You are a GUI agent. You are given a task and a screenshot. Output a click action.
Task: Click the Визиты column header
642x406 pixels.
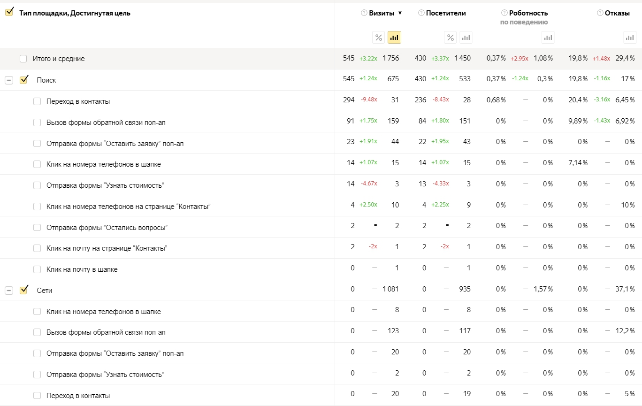382,13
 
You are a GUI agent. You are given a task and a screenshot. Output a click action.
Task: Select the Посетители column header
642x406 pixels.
446,13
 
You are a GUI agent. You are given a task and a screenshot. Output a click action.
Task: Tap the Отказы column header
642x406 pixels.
617,13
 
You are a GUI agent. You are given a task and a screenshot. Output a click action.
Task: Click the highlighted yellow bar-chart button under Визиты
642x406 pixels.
394,37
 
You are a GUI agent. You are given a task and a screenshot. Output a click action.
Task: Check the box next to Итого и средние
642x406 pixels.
23,59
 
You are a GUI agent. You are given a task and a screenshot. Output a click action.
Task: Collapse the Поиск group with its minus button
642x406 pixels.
9,80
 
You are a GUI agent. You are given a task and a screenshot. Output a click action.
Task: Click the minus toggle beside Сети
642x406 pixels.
9,291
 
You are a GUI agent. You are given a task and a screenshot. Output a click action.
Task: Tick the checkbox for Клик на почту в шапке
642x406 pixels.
37,269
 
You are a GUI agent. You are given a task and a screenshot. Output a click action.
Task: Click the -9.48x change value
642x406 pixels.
369,100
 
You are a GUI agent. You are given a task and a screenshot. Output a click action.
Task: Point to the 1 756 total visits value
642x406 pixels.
390,58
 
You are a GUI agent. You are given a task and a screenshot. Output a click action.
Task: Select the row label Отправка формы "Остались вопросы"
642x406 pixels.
107,228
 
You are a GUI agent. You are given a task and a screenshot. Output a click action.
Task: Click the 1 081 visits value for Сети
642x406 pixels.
390,289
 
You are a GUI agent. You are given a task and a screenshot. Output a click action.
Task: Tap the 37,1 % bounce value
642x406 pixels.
625,289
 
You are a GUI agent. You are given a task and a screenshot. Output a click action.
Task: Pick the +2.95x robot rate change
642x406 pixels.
520,59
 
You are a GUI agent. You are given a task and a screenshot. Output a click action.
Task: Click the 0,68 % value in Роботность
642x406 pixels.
496,100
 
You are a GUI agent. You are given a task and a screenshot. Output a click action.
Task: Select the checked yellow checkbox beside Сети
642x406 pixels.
24,290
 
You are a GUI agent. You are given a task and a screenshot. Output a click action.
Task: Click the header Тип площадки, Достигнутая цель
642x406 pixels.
75,13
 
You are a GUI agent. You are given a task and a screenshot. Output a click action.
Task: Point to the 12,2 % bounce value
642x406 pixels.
625,331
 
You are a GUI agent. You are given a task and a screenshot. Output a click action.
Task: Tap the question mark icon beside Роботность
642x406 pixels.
504,13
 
